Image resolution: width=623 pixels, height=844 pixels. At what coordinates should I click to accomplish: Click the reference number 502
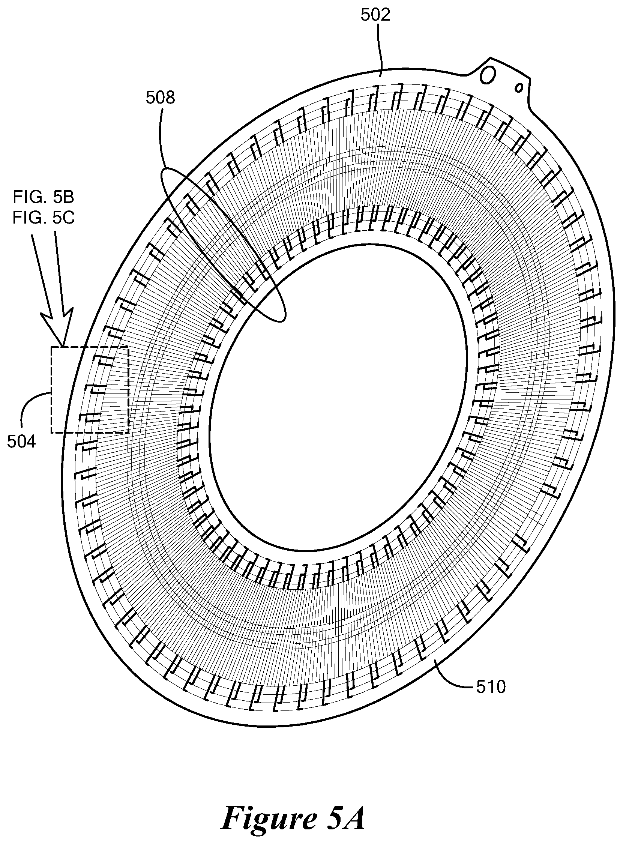point(375,15)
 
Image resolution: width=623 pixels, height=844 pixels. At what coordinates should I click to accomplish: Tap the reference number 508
point(160,98)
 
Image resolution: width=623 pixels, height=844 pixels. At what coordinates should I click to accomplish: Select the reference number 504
point(21,441)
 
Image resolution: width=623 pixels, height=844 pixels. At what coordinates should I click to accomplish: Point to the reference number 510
point(490,687)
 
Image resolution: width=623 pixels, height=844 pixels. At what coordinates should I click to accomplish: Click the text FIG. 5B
point(44,197)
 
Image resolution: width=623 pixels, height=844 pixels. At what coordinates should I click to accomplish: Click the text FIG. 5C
point(44,218)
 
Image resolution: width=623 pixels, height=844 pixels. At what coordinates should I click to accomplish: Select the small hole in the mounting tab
point(519,87)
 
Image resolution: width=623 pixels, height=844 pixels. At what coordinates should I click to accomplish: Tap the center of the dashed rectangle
point(90,390)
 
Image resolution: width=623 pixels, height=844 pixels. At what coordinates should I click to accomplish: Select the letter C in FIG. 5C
point(69,218)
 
